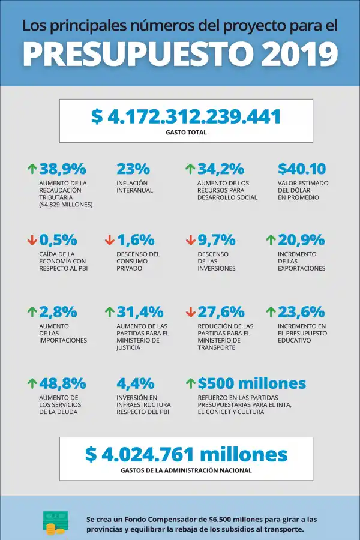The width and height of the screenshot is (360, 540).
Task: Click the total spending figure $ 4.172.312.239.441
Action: [x=186, y=116]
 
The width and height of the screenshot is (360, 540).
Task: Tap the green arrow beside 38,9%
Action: [x=32, y=169]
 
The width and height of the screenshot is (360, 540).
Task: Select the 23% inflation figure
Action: [x=133, y=169]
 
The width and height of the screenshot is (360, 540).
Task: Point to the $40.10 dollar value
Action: [x=302, y=169]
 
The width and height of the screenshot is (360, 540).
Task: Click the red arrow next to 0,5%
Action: [x=32, y=240]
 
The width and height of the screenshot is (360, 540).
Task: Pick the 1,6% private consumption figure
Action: [x=136, y=240]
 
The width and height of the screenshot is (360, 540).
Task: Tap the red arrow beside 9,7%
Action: [x=191, y=240]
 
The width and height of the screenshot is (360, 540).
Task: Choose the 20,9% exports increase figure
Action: [x=301, y=240]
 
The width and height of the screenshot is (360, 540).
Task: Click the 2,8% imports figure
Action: [x=58, y=312]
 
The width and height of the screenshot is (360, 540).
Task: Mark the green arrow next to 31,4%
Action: [x=109, y=312]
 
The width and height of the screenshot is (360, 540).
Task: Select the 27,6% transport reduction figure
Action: [x=221, y=312]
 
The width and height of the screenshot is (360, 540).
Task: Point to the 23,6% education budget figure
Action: [x=301, y=312]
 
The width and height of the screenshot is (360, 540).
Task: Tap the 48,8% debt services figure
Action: [x=62, y=383]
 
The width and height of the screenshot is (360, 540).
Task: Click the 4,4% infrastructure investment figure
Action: [x=136, y=383]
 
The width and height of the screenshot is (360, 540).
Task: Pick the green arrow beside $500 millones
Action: [x=191, y=383]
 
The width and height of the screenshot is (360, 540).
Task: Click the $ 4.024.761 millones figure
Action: [x=186, y=454]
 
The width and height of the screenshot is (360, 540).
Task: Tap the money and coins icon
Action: [x=56, y=523]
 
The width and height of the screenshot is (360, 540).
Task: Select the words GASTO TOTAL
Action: [x=186, y=132]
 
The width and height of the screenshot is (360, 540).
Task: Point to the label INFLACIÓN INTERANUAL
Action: [x=135, y=187]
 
